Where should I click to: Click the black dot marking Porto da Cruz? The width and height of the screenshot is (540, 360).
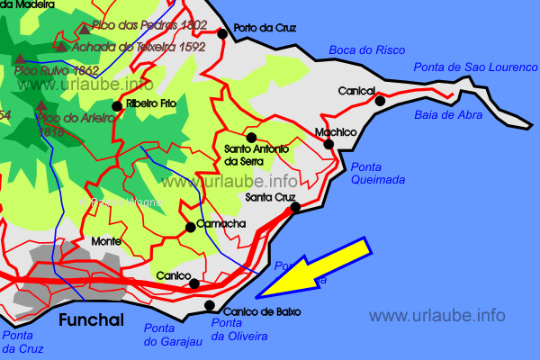222,34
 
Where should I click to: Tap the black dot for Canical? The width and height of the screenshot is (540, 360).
380,101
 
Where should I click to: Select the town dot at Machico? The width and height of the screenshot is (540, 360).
328,144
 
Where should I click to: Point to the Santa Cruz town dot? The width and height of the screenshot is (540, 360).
295,208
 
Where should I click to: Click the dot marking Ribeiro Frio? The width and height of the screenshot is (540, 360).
116,106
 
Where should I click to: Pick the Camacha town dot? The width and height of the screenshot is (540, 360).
190,227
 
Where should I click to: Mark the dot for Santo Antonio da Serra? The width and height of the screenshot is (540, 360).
251,137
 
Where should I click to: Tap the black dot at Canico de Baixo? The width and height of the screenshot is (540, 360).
210,304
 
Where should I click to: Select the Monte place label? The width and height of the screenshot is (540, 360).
106,241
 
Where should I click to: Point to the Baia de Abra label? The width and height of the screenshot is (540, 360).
448,115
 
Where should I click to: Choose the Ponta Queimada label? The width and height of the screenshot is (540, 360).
377,173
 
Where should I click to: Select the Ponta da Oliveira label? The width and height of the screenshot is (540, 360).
238,330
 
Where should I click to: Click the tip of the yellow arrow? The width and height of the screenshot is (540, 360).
256,296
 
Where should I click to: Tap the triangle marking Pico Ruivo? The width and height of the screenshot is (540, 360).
20,59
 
